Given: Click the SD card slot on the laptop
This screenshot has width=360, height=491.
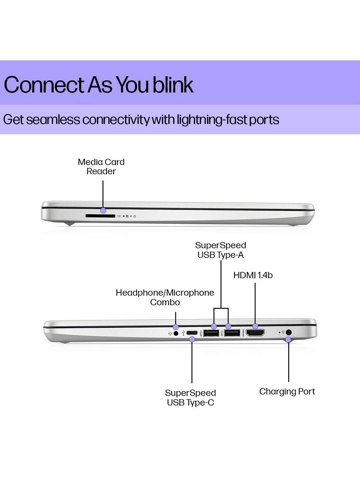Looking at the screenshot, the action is [x=100, y=216].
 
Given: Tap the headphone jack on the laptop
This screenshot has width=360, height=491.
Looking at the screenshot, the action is [x=176, y=333].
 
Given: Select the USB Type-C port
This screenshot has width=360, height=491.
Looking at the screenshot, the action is [x=192, y=333].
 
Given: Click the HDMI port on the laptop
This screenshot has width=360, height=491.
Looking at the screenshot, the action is [x=255, y=333].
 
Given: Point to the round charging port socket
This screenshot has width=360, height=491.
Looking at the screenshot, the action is [x=289, y=332].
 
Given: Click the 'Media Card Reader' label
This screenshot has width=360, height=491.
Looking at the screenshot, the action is [x=101, y=167].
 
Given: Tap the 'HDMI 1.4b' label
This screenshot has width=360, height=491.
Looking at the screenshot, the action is [x=253, y=275].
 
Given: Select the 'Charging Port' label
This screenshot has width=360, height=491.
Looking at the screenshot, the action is [x=287, y=391].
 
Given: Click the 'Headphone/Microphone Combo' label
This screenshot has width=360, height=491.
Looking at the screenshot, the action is [x=165, y=297].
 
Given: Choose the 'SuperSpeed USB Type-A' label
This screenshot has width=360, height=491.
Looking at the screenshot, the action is [x=221, y=250].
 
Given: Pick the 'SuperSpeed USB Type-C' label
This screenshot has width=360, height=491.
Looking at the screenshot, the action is [x=190, y=398].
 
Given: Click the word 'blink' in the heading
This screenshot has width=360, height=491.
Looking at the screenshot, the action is [x=173, y=85].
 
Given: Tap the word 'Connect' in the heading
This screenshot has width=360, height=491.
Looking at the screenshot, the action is [x=44, y=85].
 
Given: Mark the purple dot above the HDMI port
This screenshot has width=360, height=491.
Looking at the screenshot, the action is [x=255, y=326].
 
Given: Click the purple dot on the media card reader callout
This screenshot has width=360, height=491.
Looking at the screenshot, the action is [x=103, y=211].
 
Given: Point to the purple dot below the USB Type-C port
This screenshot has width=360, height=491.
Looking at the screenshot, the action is [x=192, y=339].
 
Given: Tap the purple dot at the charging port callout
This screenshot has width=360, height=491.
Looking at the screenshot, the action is [x=289, y=340].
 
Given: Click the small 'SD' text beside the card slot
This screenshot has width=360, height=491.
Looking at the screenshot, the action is [x=119, y=216].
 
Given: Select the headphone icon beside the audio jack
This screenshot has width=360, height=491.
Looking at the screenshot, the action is [x=170, y=333].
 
